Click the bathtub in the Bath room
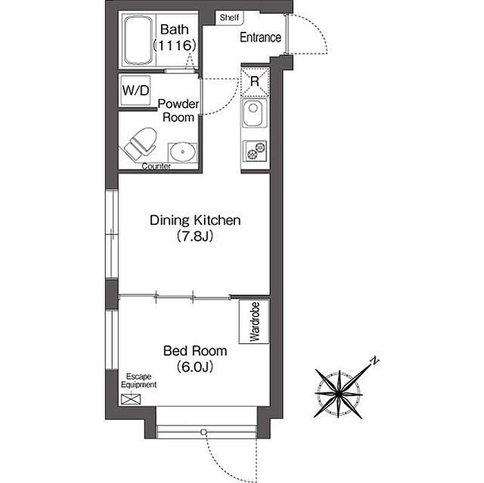pyautogui.click(x=138, y=40)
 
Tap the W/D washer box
pyautogui.click(x=136, y=91)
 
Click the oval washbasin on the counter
pyautogui.click(x=183, y=152)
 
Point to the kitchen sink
pyautogui.click(x=254, y=113)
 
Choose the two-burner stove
pyautogui.click(x=255, y=151)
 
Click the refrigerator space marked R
pyautogui.click(x=255, y=82)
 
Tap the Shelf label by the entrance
pyautogui.click(x=230, y=17)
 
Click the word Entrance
pyautogui.click(x=261, y=37)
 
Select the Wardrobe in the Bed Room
pyautogui.click(x=254, y=322)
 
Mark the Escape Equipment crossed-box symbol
pyautogui.click(x=131, y=399)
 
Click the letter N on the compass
pyautogui.click(x=375, y=361)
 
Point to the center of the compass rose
pyautogui.click(x=339, y=394)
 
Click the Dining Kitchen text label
pyautogui.click(x=195, y=221)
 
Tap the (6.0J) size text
pyautogui.click(x=195, y=367)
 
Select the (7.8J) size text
pyautogui.click(x=195, y=237)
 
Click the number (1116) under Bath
pyautogui.click(x=175, y=46)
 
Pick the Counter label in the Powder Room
pyautogui.click(x=156, y=167)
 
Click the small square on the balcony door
pyautogui.click(x=203, y=432)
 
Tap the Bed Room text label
pyautogui.click(x=195, y=351)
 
